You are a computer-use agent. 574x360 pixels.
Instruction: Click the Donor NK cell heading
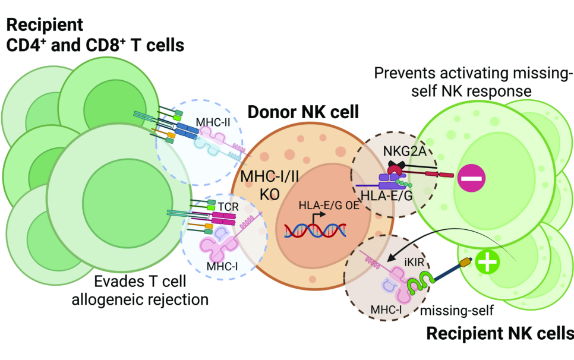tap(303, 112)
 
